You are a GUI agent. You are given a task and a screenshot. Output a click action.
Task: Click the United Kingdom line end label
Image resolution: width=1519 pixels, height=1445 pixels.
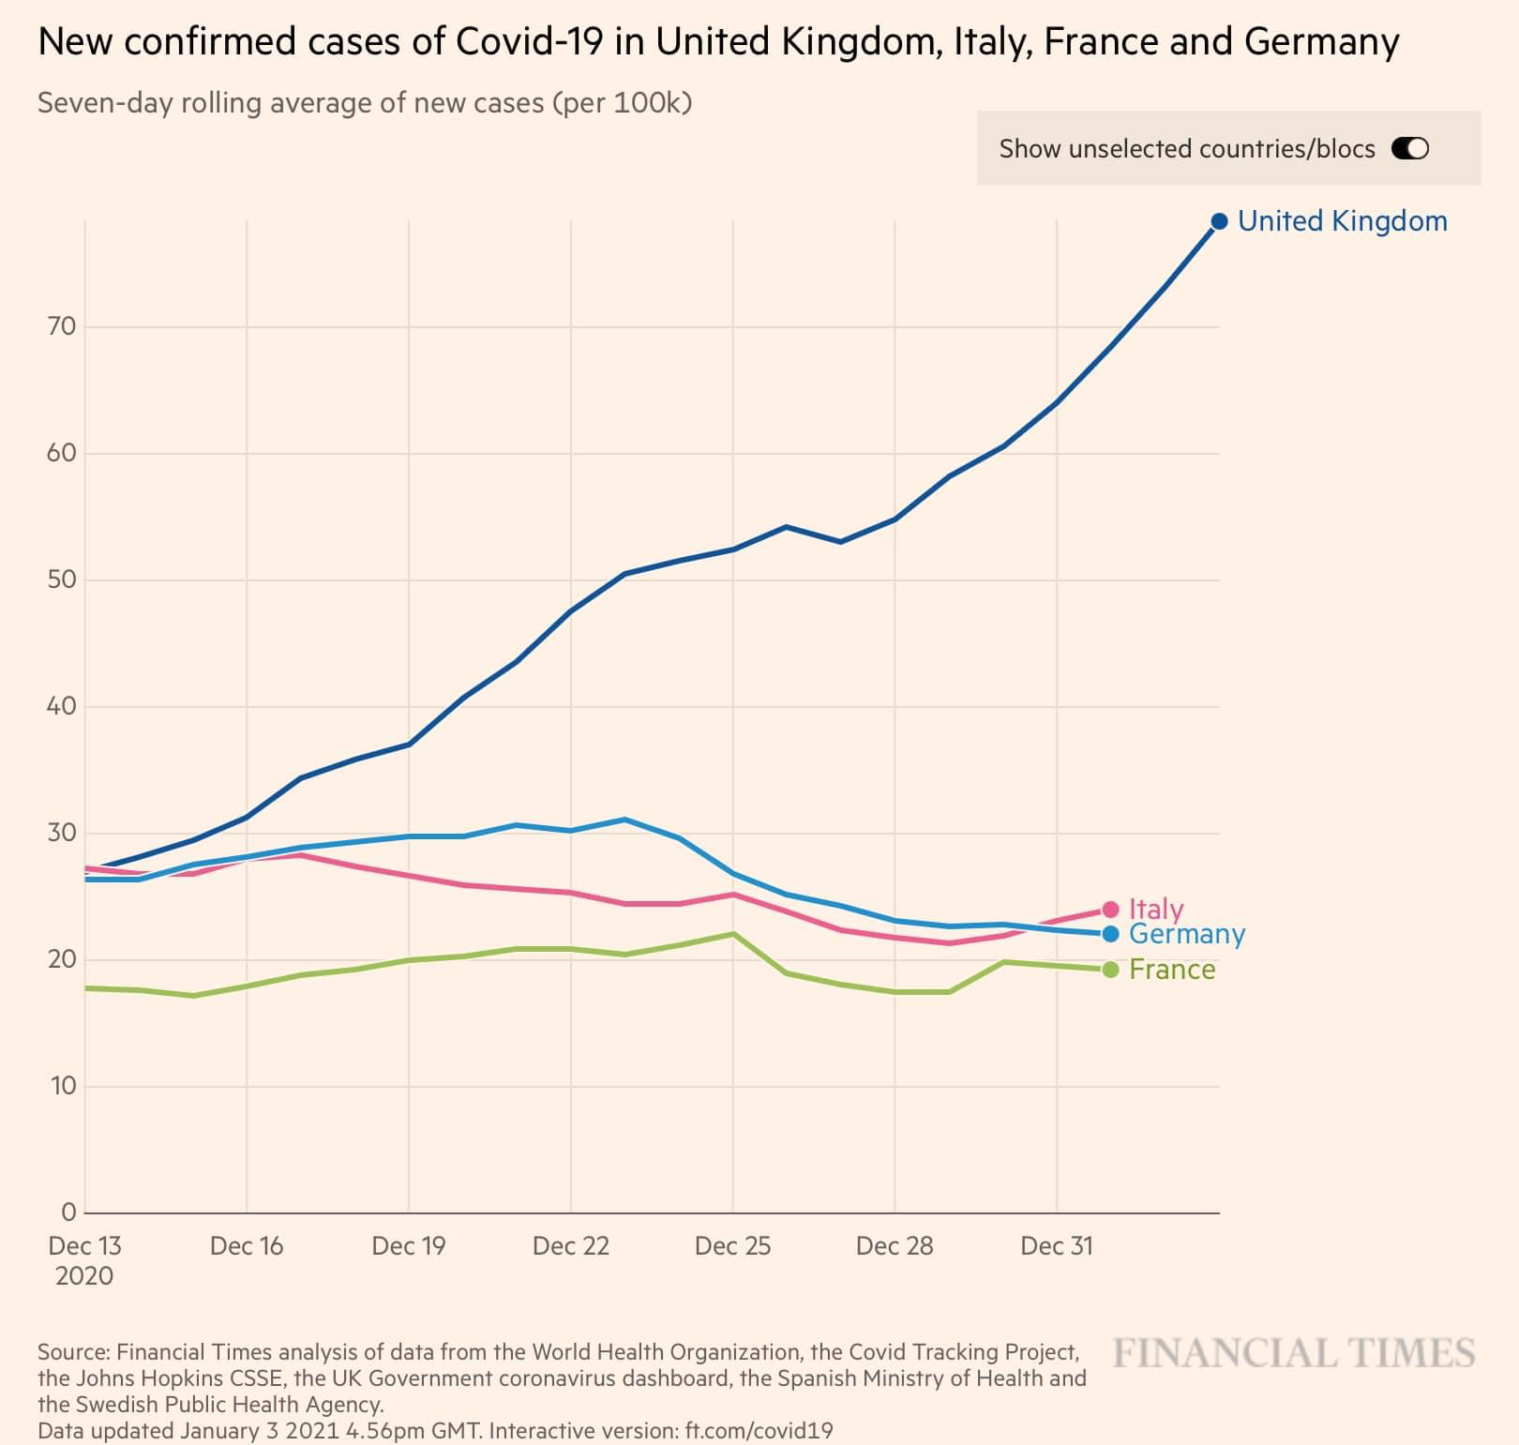pyautogui.click(x=1342, y=221)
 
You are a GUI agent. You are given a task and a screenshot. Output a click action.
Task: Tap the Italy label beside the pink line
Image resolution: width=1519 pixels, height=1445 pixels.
pyautogui.click(x=1155, y=909)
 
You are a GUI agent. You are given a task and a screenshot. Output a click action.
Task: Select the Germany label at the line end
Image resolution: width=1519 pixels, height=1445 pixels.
pyautogui.click(x=1186, y=934)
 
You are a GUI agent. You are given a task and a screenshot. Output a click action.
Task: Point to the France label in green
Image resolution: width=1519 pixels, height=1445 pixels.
pyautogui.click(x=1171, y=970)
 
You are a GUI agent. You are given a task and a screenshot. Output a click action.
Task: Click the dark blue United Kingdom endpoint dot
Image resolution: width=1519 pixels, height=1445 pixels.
pyautogui.click(x=1219, y=221)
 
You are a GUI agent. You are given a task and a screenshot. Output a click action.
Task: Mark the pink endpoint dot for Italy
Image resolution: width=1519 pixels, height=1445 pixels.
pyautogui.click(x=1110, y=909)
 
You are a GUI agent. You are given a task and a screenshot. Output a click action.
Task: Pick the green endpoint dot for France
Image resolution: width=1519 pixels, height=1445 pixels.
pyautogui.click(x=1110, y=970)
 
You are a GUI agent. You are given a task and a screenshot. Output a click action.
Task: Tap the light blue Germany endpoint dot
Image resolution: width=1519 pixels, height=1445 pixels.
pyautogui.click(x=1110, y=934)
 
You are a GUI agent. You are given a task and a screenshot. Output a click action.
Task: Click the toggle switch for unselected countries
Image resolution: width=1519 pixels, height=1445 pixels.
pyautogui.click(x=1409, y=148)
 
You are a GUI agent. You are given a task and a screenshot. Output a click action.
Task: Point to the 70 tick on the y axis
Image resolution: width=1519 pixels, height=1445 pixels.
pyautogui.click(x=61, y=327)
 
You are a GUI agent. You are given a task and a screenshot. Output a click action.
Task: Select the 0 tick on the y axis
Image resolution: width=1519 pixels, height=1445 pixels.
pyautogui.click(x=68, y=1212)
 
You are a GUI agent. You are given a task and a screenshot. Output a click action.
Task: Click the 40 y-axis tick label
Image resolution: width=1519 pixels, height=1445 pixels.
pyautogui.click(x=61, y=706)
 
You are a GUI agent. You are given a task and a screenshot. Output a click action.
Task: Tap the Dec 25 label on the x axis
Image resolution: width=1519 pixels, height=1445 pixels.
pyautogui.click(x=732, y=1246)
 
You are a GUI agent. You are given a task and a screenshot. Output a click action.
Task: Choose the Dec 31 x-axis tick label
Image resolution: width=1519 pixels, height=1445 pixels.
pyautogui.click(x=1057, y=1246)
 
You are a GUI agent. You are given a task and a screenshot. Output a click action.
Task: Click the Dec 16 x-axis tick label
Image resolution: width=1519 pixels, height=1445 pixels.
pyautogui.click(x=247, y=1246)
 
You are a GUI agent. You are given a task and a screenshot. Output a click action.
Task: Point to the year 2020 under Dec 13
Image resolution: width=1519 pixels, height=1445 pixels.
pyautogui.click(x=84, y=1276)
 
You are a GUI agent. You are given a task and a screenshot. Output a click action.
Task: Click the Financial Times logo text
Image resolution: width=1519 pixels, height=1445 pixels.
pyautogui.click(x=1294, y=1353)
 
